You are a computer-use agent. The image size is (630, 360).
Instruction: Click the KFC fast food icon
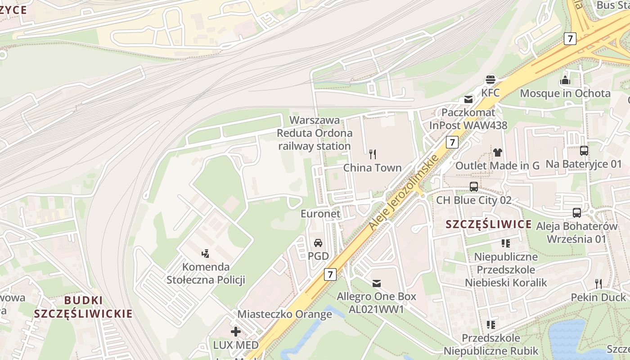[490, 80]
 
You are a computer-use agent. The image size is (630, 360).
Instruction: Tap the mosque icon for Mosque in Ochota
[565, 81]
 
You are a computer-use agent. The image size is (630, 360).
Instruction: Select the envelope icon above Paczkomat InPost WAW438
[468, 99]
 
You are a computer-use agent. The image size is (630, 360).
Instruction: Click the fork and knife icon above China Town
[372, 154]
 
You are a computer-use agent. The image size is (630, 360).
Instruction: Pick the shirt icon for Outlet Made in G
[497, 152]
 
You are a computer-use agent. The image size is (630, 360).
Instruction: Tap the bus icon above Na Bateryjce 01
[584, 151]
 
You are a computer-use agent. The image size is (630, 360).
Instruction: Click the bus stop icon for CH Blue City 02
[474, 186]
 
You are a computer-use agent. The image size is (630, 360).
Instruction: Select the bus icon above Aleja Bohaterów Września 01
[577, 212]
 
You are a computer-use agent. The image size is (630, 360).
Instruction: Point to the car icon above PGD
[318, 243]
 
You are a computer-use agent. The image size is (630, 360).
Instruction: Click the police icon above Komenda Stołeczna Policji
[206, 253]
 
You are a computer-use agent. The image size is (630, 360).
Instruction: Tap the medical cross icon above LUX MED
[236, 332]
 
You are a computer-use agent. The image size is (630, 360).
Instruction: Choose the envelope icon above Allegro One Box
[377, 283]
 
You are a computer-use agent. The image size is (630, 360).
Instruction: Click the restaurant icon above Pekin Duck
[598, 283]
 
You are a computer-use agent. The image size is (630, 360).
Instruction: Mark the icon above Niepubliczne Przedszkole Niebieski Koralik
[506, 243]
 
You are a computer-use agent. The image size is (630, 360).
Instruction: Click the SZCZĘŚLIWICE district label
[489, 224]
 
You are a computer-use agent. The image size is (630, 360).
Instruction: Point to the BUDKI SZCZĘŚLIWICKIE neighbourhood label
[83, 307]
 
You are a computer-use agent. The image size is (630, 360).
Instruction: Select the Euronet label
[321, 214]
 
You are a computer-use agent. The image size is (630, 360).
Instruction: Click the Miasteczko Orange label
[284, 314]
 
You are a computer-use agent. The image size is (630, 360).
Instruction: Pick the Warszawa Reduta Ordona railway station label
[315, 133]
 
